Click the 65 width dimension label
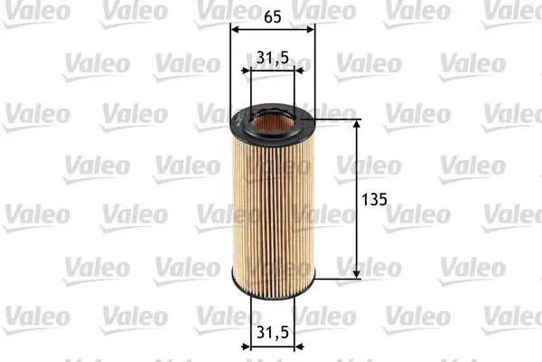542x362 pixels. coord(273,15)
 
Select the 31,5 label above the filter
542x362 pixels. coord(272,58)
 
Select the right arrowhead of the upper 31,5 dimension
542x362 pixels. coord(290,71)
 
